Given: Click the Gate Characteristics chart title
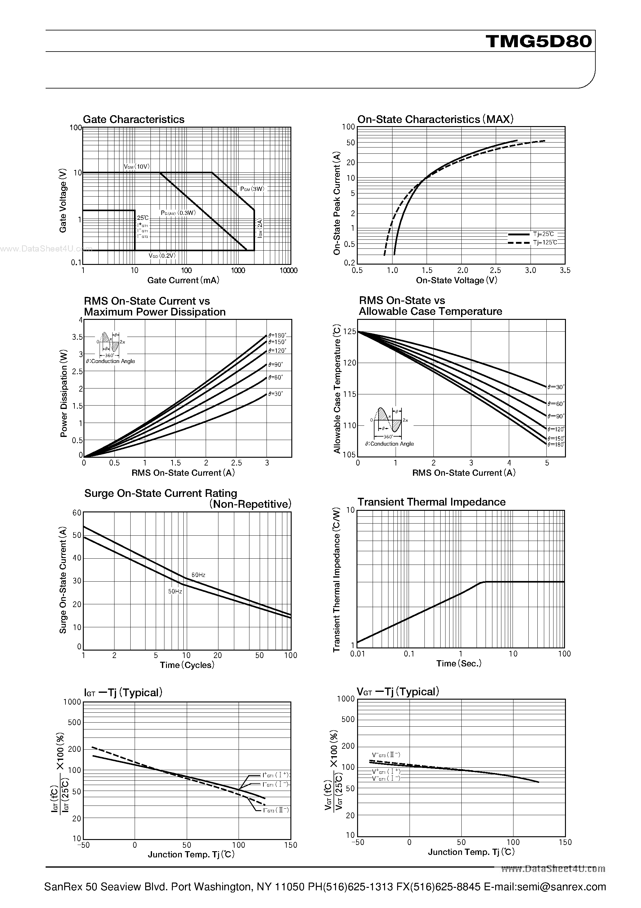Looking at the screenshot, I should [134, 120].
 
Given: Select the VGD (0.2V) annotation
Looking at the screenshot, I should [162, 256].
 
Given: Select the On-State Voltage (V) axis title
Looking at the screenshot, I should [456, 280].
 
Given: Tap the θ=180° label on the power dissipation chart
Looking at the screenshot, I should [277, 335].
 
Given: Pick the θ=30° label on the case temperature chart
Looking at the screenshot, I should [556, 387].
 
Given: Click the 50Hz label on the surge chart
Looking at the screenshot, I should [175, 592].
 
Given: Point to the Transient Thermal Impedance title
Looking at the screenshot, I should [431, 502].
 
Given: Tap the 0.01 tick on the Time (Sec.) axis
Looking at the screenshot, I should [357, 654].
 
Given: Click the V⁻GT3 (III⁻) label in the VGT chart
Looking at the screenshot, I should [386, 755].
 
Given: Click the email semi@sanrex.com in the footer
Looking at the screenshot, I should [543, 887].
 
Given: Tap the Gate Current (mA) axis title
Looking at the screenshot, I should [183, 280].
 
